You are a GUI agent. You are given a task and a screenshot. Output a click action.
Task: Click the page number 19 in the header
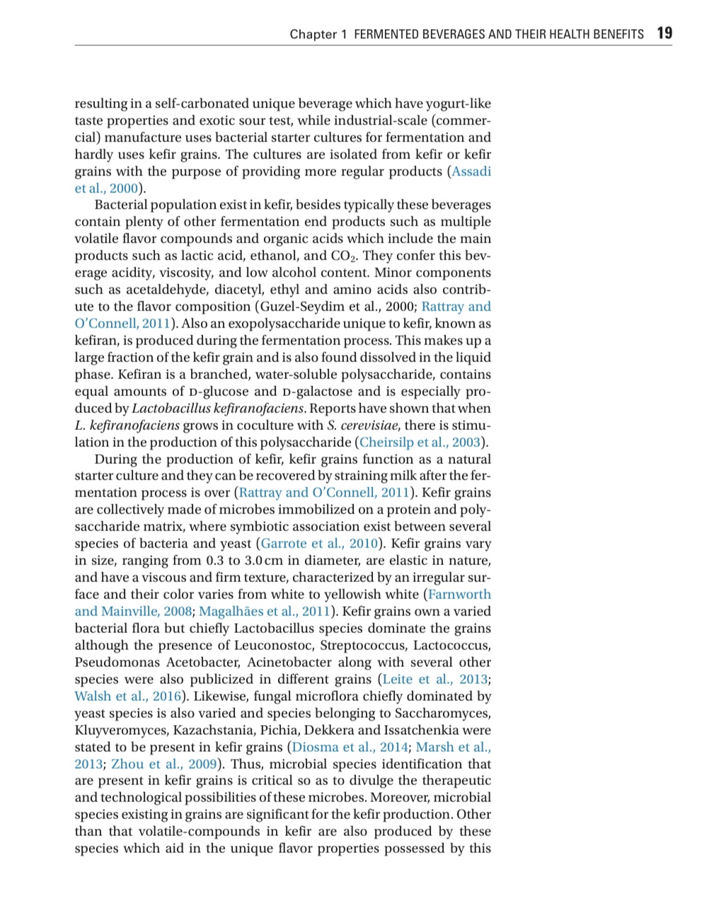coord(664,33)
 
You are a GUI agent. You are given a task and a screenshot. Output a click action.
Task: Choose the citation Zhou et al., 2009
coord(164,765)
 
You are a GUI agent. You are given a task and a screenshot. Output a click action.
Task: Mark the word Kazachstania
coord(223,731)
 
